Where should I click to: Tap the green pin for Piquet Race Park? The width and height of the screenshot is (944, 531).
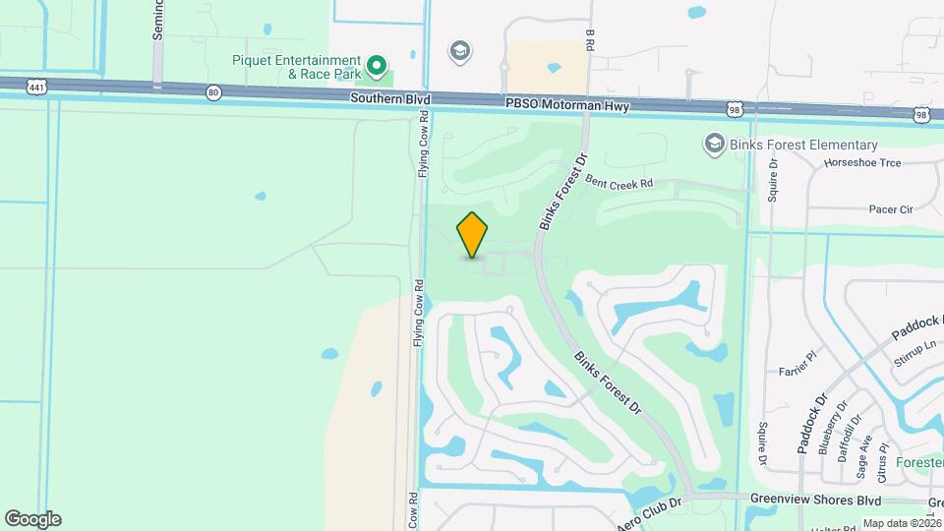pos(376,66)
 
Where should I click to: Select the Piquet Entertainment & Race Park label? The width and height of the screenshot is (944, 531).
pos(296,67)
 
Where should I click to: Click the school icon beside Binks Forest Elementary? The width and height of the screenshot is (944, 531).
pos(714,145)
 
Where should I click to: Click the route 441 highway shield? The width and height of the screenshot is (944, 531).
pos(36,87)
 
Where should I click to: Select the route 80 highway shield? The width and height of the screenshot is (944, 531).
pos(214,92)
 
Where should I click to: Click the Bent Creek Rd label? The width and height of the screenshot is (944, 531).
pos(619,183)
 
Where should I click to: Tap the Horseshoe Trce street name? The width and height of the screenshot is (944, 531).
pos(862,163)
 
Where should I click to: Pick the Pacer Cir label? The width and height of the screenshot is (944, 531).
pos(891,209)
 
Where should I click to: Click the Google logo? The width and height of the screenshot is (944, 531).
pos(32,519)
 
